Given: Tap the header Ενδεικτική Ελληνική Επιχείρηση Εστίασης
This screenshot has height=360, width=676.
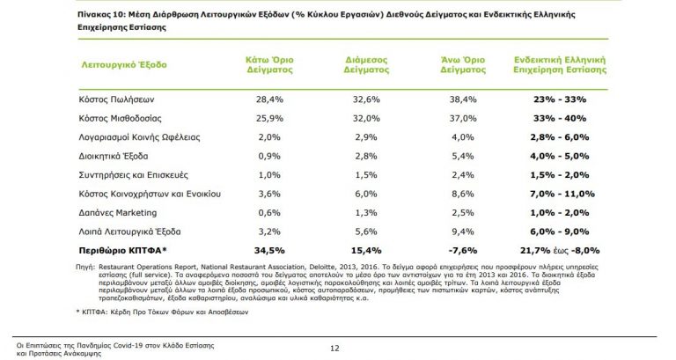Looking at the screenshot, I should (551, 66).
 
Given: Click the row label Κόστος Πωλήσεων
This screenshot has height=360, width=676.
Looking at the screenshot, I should (113, 99).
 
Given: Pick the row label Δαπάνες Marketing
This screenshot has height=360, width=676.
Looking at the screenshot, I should (118, 212).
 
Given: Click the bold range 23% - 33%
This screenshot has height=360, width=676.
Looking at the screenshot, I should (552, 99).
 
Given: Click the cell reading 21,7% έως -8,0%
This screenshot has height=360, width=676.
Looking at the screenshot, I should (552, 250).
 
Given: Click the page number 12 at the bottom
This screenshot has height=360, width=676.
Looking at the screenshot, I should (334, 348).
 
